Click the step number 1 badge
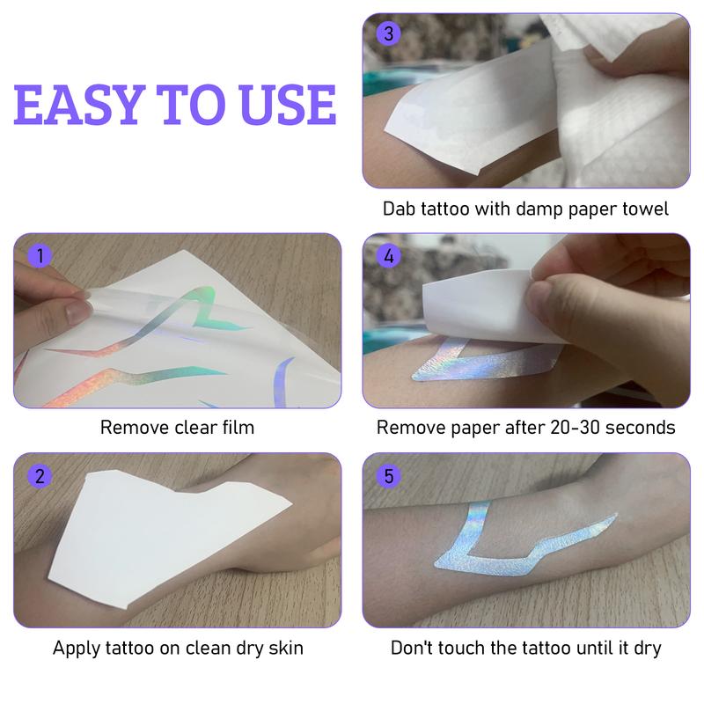36,257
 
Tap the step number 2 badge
36,476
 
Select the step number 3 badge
385,35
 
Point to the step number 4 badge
385,257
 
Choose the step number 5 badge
385,476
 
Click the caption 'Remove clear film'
177,429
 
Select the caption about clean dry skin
177,649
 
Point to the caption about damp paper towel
526,209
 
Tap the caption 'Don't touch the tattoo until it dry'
526,649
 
